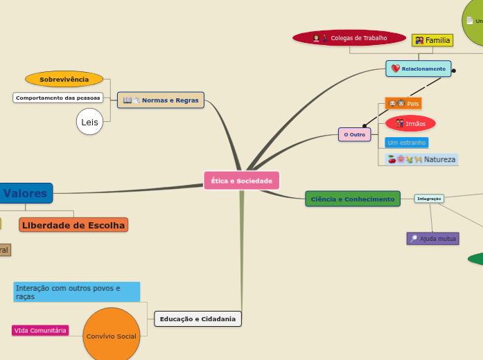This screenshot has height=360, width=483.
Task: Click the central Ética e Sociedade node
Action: click(x=241, y=181)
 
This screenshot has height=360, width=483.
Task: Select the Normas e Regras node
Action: click(x=161, y=100)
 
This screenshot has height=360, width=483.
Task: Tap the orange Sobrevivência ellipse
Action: click(x=64, y=80)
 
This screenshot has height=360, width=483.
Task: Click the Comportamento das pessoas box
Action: click(x=58, y=98)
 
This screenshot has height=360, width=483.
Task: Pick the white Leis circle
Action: click(x=89, y=123)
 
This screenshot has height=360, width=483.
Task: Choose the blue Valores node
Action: click(x=26, y=193)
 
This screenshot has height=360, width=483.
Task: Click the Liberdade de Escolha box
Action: click(x=73, y=225)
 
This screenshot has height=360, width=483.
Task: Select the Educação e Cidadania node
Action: click(x=197, y=319)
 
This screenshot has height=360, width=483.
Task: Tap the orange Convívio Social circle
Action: click(x=111, y=336)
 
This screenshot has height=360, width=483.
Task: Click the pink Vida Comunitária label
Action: click(x=41, y=330)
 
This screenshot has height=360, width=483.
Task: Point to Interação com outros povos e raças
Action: click(x=76, y=291)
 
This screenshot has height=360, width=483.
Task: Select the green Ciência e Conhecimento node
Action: click(x=352, y=199)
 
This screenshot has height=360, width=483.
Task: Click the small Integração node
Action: click(x=429, y=199)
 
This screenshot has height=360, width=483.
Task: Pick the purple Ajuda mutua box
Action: click(x=432, y=238)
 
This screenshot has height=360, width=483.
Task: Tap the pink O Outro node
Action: click(x=354, y=134)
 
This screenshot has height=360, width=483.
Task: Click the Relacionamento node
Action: click(x=419, y=69)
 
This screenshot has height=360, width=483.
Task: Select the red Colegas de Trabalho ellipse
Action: click(x=349, y=37)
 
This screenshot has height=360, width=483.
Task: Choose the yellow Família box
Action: click(x=432, y=40)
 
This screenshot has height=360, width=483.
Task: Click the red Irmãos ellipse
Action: click(x=410, y=123)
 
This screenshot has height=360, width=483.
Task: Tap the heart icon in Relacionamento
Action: click(x=396, y=69)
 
